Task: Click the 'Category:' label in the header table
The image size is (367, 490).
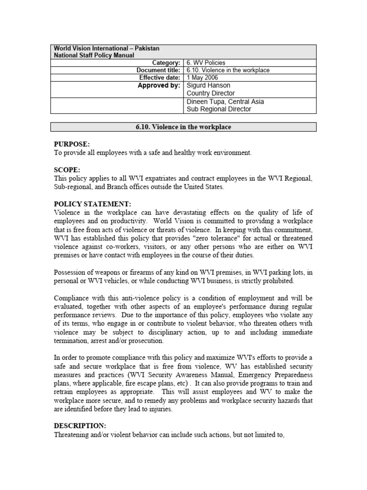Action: coord(166,63)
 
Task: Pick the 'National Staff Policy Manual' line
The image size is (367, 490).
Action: coord(94,56)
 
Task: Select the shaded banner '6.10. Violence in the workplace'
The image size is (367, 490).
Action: coord(183,127)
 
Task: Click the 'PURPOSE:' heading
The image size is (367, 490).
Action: coord(72,144)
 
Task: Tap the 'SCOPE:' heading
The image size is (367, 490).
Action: coord(66,170)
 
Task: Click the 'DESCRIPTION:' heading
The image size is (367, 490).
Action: coord(79,425)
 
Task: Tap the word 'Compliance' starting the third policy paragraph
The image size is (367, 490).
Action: coord(71,298)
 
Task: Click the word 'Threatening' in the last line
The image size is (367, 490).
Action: coord(72,434)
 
